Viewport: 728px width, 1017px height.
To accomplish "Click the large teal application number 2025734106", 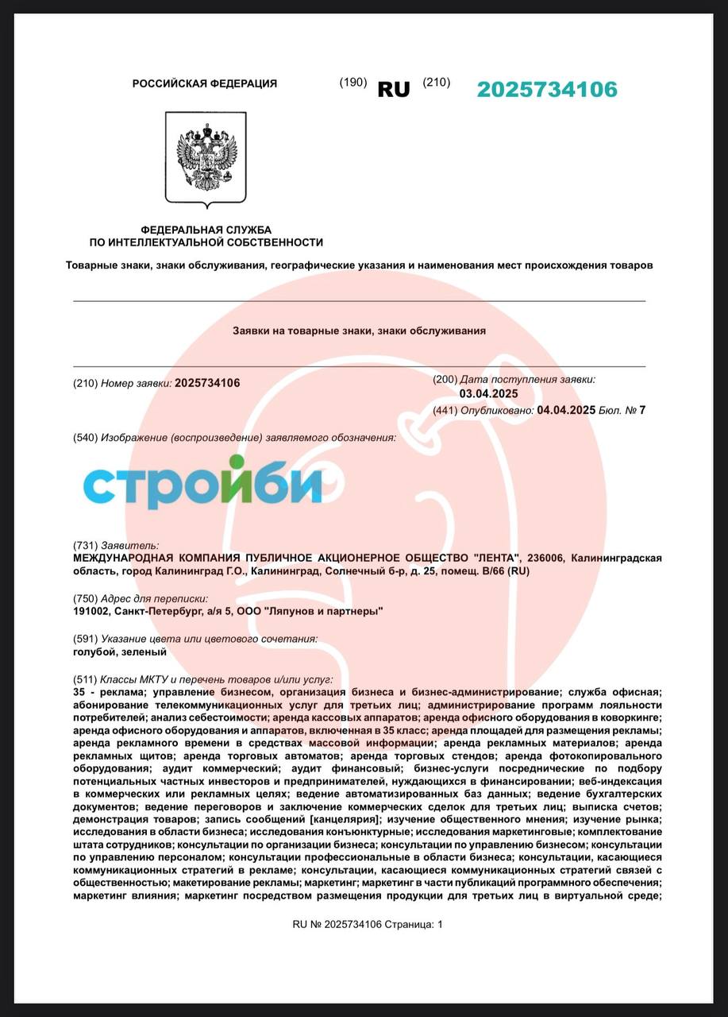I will click(546, 90).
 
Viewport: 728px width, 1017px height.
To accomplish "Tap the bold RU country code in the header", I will click(394, 90).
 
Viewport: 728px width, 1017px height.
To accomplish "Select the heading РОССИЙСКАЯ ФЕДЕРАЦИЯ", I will click(205, 83).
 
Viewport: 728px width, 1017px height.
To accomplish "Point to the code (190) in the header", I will click(352, 83).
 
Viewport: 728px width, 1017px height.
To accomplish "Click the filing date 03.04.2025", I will click(488, 394).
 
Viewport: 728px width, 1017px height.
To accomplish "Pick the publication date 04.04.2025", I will click(566, 410).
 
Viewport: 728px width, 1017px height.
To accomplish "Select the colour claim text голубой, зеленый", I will click(119, 652).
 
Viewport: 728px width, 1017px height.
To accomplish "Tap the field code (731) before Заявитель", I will click(85, 545).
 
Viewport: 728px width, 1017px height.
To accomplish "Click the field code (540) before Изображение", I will click(85, 438).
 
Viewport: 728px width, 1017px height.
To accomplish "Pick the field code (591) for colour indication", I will click(85, 639).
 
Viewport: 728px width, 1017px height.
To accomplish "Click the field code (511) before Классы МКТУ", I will click(85, 680).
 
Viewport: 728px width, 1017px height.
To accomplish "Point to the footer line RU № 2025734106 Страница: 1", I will click(368, 924).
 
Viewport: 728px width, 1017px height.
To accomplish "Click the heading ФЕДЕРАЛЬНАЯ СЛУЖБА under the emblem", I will click(206, 230).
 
